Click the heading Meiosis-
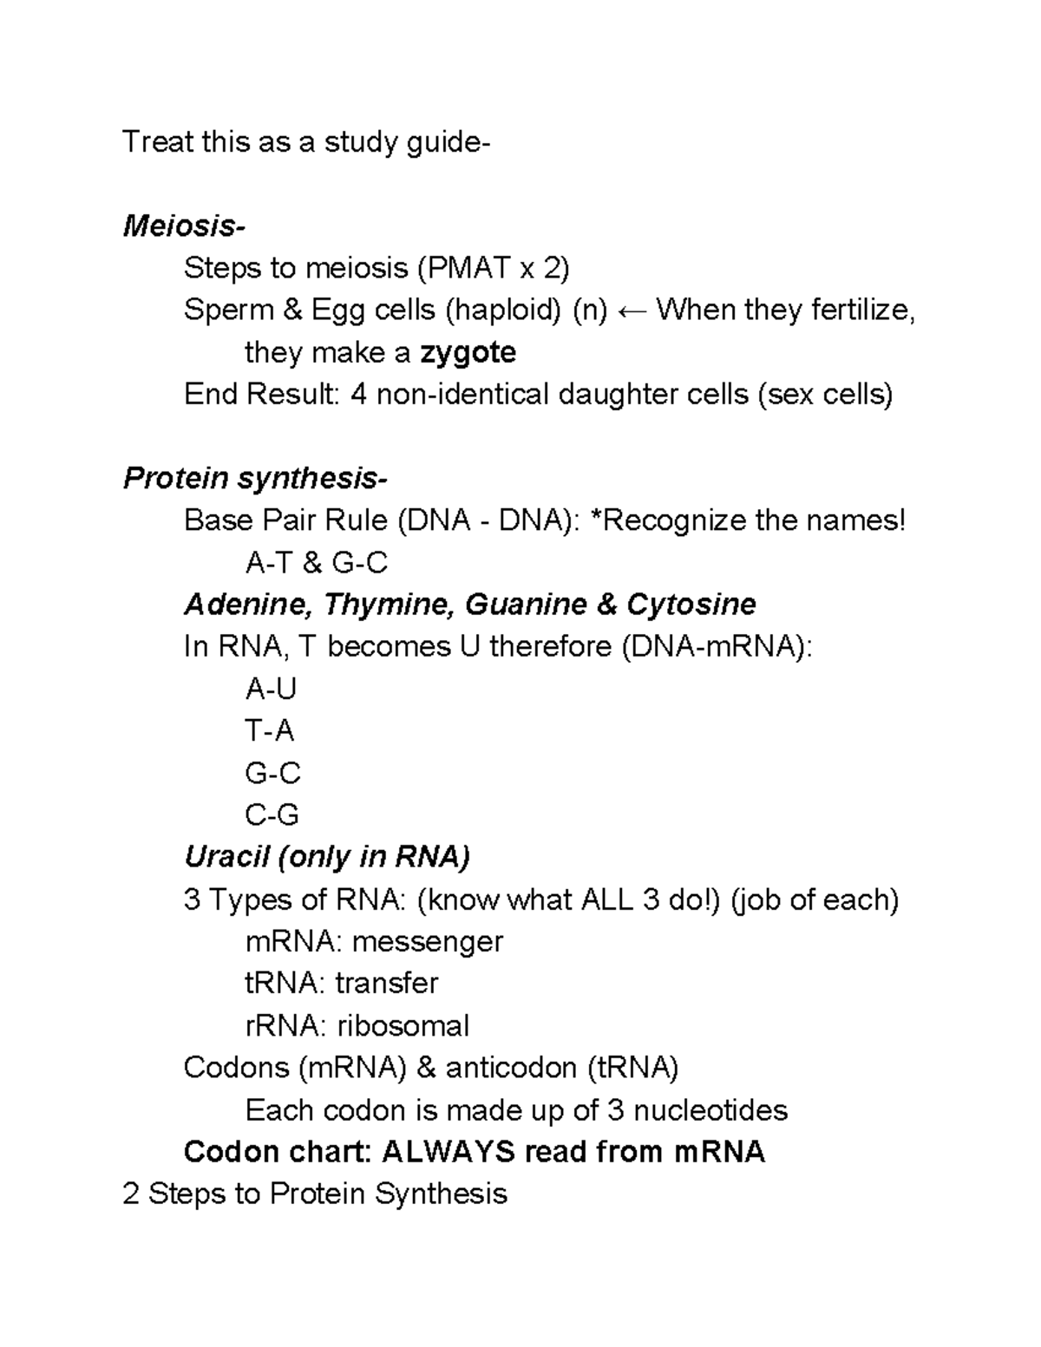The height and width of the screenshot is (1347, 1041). coord(184,226)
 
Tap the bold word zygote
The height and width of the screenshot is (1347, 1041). coord(468,352)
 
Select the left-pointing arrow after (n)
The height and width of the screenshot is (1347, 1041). coord(632,310)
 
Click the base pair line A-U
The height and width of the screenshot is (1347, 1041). coord(271,689)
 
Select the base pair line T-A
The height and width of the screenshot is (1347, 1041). coord(270,731)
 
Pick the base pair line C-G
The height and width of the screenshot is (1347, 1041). coord(272,815)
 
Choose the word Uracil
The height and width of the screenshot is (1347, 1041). coord(227,857)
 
